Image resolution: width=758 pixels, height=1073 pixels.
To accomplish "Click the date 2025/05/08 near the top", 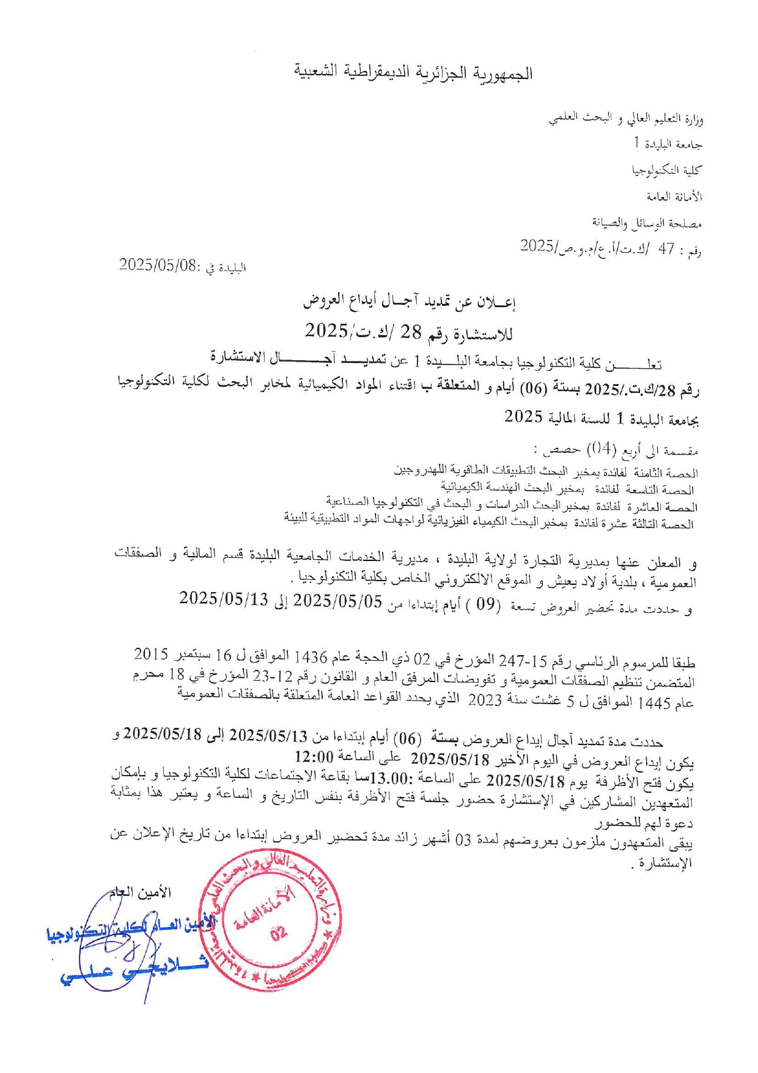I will tap(158, 265).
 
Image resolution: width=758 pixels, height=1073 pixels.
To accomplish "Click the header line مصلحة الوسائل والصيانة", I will tap(647, 223).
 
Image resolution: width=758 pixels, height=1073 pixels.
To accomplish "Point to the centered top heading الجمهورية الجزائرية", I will tap(413, 73).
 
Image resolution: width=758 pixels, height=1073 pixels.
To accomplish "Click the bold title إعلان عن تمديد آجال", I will tap(410, 301).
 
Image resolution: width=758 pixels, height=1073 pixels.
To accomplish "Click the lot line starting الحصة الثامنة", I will tap(545, 471).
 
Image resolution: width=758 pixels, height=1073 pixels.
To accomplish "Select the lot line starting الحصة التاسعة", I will tap(568, 488).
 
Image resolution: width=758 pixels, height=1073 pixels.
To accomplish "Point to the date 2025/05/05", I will tap(338, 602).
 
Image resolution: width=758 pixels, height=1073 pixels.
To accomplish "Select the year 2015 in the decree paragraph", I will tap(151, 653).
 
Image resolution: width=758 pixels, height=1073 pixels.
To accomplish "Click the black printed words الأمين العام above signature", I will tap(141, 893).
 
